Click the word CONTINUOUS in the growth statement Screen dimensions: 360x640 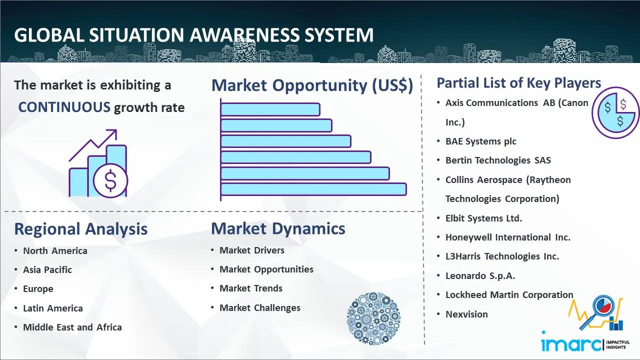64,107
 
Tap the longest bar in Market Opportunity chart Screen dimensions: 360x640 313,189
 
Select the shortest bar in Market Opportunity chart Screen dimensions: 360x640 270,109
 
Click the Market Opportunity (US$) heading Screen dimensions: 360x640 312,85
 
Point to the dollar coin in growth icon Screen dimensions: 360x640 110,181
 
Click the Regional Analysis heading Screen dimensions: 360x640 81,229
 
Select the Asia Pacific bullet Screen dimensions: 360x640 47,270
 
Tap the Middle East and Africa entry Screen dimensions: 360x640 72,327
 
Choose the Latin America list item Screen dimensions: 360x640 53,308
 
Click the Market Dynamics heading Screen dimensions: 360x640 278,229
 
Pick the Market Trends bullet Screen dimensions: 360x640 251,288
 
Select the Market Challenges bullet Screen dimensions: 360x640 260,308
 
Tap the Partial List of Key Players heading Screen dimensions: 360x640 519,83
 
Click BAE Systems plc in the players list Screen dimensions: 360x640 481,141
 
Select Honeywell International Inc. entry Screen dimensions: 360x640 508,237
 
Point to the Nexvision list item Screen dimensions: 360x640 466,314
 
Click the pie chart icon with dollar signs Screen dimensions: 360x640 615,112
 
